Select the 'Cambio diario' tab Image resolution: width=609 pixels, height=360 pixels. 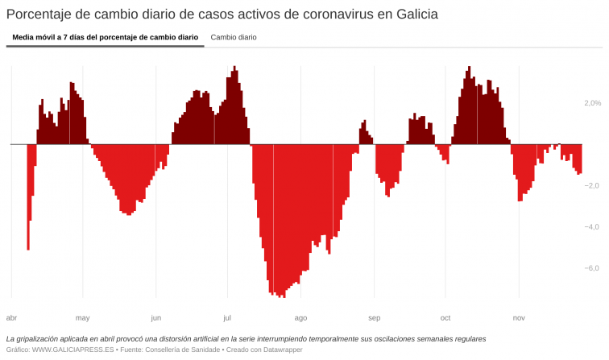tap(234, 37)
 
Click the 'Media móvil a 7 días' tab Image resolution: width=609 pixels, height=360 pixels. tap(105, 37)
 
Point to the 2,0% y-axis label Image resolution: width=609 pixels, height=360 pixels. tap(593, 103)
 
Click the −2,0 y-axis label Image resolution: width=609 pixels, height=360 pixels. tap(591, 186)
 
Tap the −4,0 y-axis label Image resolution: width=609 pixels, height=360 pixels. tap(591, 227)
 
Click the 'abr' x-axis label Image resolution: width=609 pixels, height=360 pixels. tap(11, 317)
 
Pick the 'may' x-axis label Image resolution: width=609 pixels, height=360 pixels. tap(82, 317)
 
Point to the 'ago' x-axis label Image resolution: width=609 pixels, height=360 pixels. tap(300, 317)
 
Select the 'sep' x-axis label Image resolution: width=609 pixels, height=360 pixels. tap(374, 317)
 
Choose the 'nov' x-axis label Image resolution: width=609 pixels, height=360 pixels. tap(519, 317)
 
